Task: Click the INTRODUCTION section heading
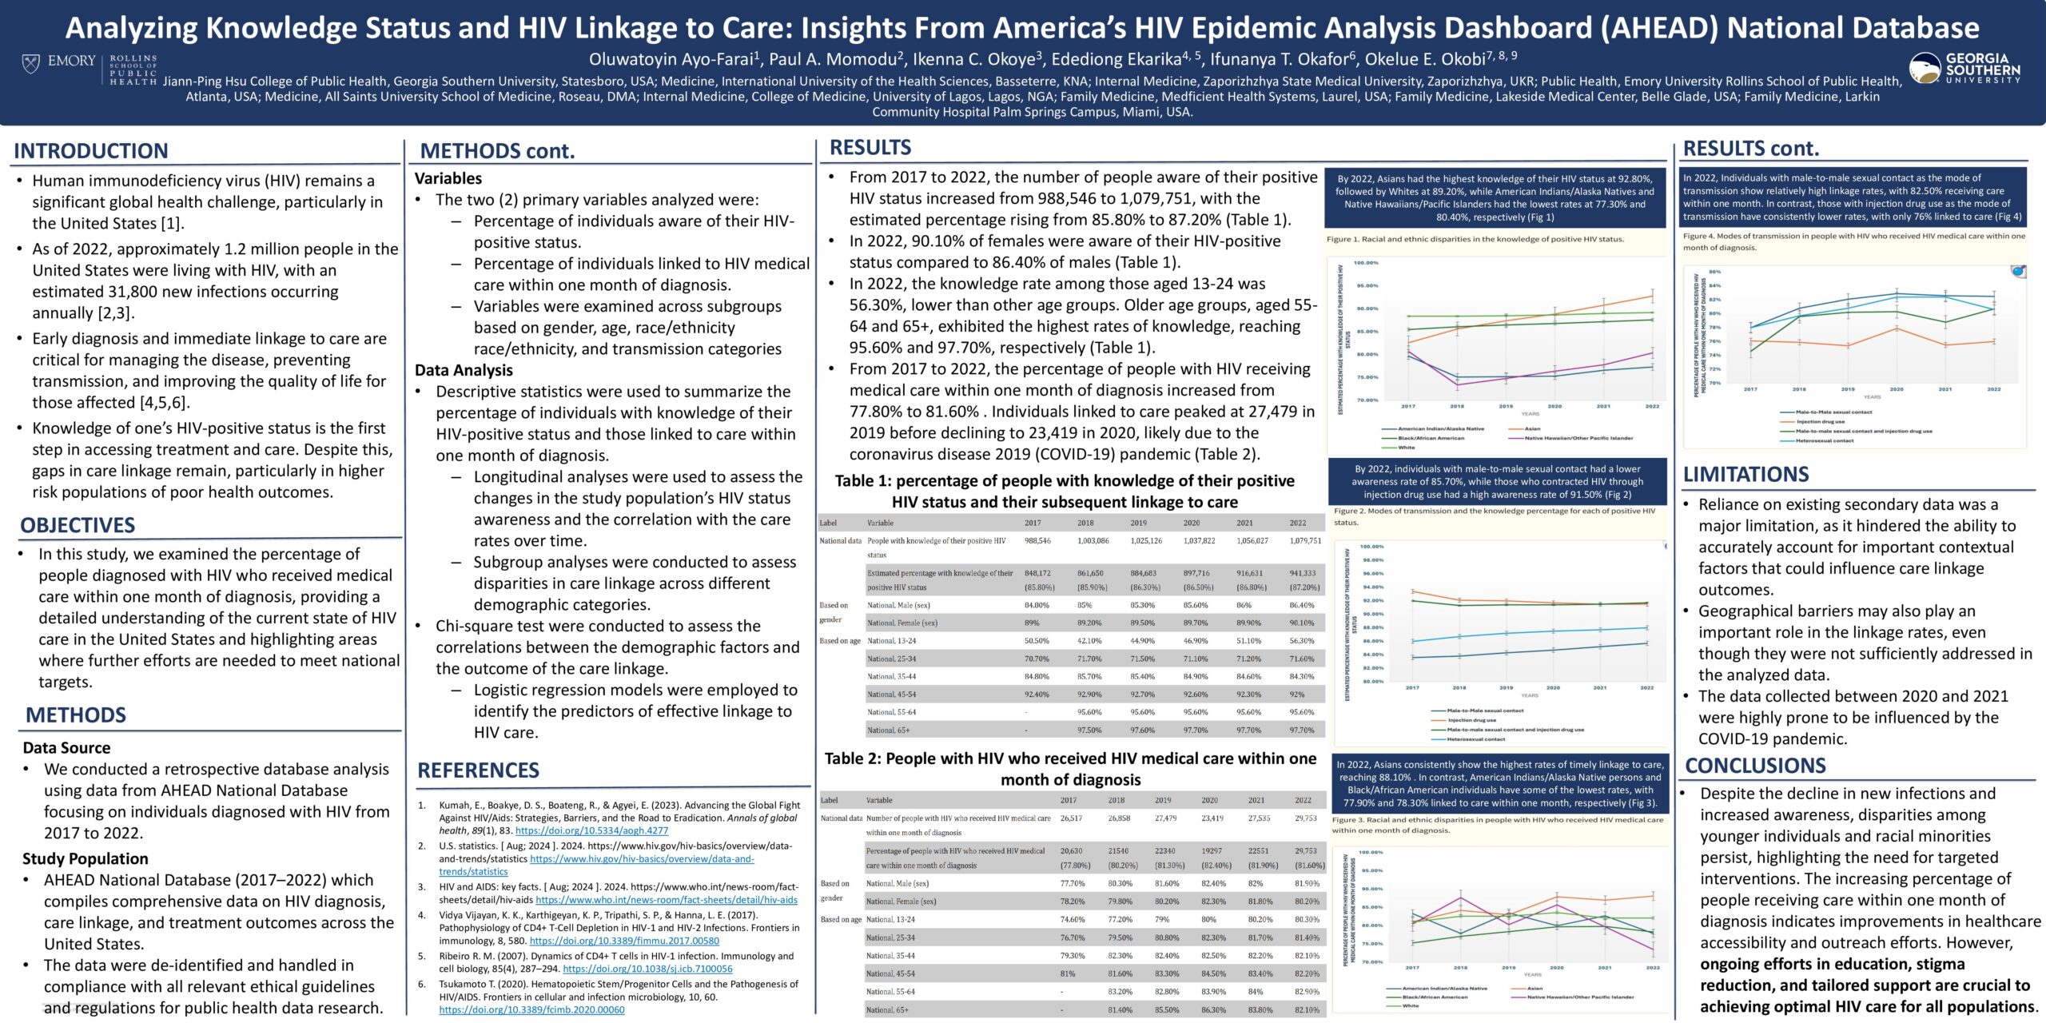pos(91,151)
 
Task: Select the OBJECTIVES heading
pos(78,525)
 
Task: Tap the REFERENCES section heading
pos(478,770)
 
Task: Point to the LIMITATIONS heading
pos(1745,475)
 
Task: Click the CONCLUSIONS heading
pos(1755,766)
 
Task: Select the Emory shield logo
pos(30,62)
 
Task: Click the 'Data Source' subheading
pos(66,748)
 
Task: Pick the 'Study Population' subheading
pos(86,859)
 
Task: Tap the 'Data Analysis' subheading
pos(464,371)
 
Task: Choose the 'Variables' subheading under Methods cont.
pos(448,179)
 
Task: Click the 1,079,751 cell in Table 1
pos(1305,541)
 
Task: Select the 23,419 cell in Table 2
pos(1212,818)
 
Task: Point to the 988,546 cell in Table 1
pos(1037,541)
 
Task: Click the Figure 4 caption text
pos(1853,241)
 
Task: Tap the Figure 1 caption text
pos(1475,239)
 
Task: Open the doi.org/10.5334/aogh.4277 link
pos(591,831)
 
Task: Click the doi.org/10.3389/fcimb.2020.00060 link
pos(531,1010)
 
